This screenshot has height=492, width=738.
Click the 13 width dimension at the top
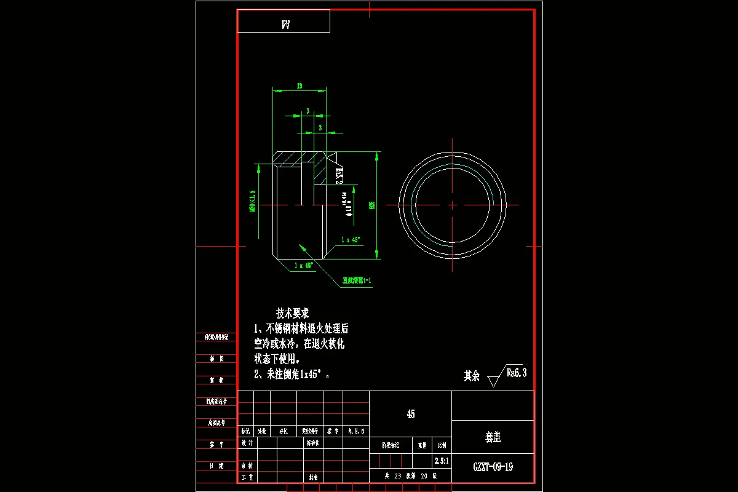299,86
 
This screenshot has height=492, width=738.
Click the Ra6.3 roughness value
516,372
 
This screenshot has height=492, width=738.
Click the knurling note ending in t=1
357,280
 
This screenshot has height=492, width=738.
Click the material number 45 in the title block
410,414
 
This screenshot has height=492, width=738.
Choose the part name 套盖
493,437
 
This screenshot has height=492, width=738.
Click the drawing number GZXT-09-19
493,467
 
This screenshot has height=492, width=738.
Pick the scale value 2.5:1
442,460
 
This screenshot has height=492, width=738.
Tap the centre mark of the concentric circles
453,205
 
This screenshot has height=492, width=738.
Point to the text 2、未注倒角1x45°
292,374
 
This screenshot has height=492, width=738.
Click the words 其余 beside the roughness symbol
472,376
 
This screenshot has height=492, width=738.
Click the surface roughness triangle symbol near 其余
493,381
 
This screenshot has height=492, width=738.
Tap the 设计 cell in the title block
247,443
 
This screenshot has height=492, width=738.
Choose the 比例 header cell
442,445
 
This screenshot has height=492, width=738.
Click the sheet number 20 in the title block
424,475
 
